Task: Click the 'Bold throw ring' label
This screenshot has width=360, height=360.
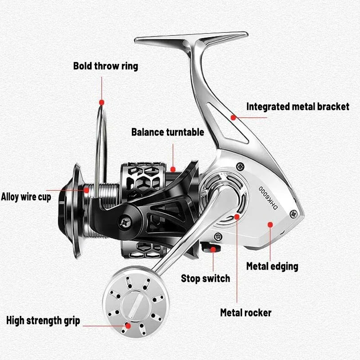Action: click(x=106, y=66)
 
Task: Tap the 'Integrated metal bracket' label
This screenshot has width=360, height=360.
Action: click(x=297, y=107)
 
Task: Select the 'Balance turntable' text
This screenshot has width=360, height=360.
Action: click(x=167, y=132)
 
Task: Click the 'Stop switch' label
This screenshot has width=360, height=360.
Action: click(x=205, y=278)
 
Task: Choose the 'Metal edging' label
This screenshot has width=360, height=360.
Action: click(x=272, y=266)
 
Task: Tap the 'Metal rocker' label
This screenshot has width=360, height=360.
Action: click(x=245, y=312)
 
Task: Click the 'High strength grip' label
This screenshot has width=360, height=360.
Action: click(x=43, y=321)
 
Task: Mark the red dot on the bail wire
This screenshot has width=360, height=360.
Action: click(x=102, y=103)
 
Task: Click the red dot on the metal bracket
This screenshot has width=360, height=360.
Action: click(x=233, y=117)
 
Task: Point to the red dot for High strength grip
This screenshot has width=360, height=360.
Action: click(x=128, y=324)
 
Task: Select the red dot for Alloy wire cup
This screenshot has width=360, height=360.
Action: click(x=86, y=190)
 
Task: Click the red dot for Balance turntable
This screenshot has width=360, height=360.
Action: click(x=172, y=170)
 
